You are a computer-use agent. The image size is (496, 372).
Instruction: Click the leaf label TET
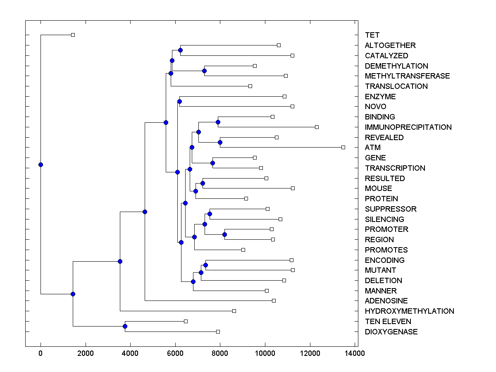[x=372, y=35]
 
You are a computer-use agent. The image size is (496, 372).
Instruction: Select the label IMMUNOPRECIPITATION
[x=408, y=127]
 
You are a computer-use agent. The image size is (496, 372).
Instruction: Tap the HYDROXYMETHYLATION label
[x=409, y=311]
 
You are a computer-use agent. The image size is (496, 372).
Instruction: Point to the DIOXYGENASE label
[x=391, y=332]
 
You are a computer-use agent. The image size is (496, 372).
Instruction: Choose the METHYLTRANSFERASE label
[x=407, y=76]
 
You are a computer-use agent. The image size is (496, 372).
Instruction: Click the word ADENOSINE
[x=386, y=301]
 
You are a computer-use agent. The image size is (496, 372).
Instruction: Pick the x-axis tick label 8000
[x=220, y=353]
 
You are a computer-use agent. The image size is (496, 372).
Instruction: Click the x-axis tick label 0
[x=41, y=353]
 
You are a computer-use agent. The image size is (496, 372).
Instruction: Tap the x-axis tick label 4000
[x=130, y=353]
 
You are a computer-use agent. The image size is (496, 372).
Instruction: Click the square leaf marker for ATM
[x=343, y=147]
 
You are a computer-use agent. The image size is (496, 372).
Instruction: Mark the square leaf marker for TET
[x=73, y=35]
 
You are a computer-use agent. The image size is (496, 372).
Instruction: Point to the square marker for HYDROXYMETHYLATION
[x=234, y=311]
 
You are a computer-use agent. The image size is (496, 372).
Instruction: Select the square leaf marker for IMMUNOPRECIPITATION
[x=317, y=127]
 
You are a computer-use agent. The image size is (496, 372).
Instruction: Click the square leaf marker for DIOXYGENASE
[x=218, y=331]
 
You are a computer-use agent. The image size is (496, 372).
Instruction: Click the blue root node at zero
[x=41, y=165]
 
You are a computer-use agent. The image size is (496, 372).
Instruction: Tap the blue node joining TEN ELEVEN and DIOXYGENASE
[x=125, y=327]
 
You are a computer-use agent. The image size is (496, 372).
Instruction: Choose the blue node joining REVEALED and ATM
[x=220, y=142]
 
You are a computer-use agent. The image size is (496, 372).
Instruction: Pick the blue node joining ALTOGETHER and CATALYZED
[x=180, y=50]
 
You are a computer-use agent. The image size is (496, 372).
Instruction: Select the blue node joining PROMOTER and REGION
[x=224, y=234]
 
